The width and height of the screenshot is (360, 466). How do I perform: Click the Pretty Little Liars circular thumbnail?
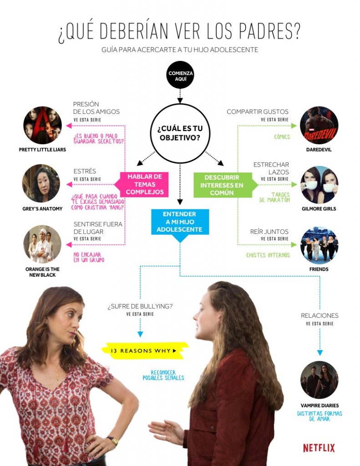(42, 125)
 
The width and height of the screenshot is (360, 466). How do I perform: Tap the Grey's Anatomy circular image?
(41, 183)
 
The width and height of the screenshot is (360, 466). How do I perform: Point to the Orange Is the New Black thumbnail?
(42, 244)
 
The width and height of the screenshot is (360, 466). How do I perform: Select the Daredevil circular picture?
(319, 125)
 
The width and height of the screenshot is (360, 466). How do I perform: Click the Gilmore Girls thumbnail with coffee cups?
(319, 184)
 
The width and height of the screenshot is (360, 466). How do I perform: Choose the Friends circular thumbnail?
(319, 245)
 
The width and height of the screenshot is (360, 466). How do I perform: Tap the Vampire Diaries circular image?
(319, 380)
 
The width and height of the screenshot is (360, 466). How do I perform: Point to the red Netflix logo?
(319, 448)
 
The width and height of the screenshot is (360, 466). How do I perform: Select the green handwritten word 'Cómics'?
(282, 137)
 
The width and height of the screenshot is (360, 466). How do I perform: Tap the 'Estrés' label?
(85, 171)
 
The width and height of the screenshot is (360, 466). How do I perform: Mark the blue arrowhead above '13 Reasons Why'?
(140, 334)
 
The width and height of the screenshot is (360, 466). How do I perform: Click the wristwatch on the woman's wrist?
(112, 440)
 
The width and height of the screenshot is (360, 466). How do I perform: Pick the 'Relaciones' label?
(319, 315)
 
